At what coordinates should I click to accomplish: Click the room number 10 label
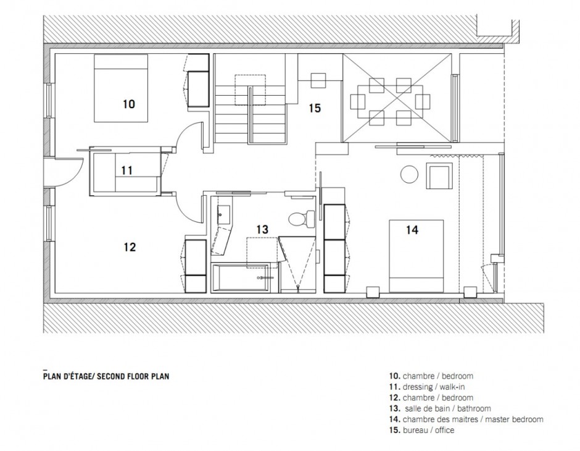[x=128, y=104]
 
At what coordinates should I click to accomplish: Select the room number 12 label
[x=129, y=247]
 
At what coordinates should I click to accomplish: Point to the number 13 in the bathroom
[x=262, y=229]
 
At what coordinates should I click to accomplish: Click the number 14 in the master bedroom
[x=412, y=230]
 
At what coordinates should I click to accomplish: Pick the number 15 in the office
[x=315, y=109]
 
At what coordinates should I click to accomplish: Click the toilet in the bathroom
[x=297, y=219]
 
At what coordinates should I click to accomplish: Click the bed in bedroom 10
[x=121, y=88]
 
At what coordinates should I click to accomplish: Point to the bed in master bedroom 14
[x=416, y=255]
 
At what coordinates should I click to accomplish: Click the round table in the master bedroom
[x=410, y=175]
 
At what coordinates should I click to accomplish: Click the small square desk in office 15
[x=318, y=80]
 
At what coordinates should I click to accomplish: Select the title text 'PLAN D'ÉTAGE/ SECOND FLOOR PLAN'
[x=106, y=374]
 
